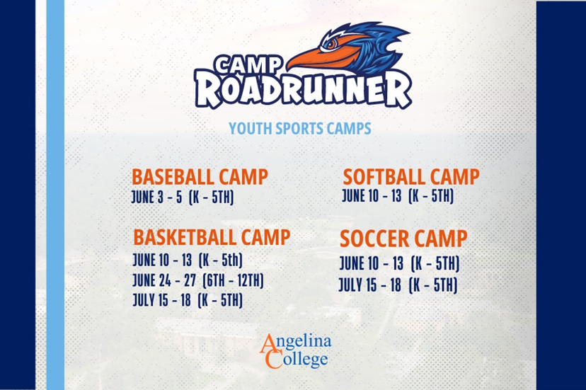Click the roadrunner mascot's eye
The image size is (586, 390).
click(331, 44)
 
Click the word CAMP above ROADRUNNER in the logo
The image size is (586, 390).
click(248, 64)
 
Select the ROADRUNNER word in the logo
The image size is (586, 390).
click(303, 89)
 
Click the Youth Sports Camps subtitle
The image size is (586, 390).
click(300, 129)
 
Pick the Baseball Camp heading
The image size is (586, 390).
click(200, 177)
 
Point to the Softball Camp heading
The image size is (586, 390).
click(411, 177)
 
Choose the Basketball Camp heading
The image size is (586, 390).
click(212, 237)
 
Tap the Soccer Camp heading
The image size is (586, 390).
click(403, 239)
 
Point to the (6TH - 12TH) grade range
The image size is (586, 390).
click(233, 280)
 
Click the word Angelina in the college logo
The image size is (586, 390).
click(296, 343)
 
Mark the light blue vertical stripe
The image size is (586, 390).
click(55, 195)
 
